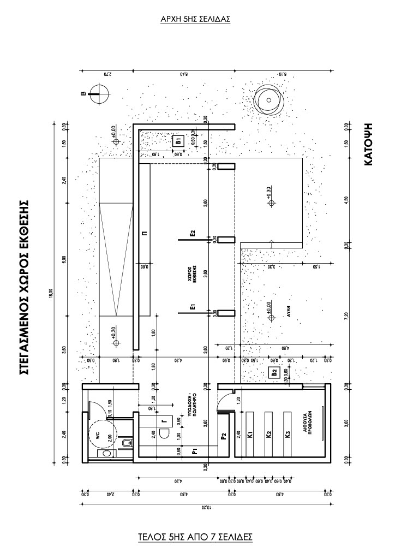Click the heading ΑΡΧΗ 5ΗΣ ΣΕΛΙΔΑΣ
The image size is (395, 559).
195,19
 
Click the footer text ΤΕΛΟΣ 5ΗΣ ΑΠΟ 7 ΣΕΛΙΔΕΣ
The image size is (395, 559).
195,536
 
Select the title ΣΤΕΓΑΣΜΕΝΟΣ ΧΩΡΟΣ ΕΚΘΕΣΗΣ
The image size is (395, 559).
23,287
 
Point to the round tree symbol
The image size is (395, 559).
268,100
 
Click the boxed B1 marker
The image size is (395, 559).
178,141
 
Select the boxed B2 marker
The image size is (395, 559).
275,373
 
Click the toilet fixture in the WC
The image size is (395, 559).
126,443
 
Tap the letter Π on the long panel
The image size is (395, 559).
144,233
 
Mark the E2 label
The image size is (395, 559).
193,234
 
